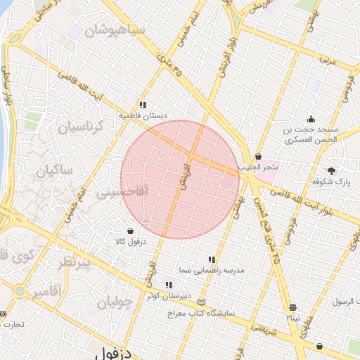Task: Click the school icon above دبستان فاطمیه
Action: coord(143,104)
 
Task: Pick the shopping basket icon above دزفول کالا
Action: coord(131,230)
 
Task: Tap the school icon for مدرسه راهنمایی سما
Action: coord(212,259)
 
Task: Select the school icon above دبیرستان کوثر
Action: coord(169,285)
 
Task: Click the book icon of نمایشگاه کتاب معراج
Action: coord(202,302)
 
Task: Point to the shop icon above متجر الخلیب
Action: coord(259,156)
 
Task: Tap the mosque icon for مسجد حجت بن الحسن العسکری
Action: coord(311,118)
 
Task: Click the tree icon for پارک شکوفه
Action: coord(331,170)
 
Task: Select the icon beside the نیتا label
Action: coord(293,307)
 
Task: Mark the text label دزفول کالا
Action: coord(131,241)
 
